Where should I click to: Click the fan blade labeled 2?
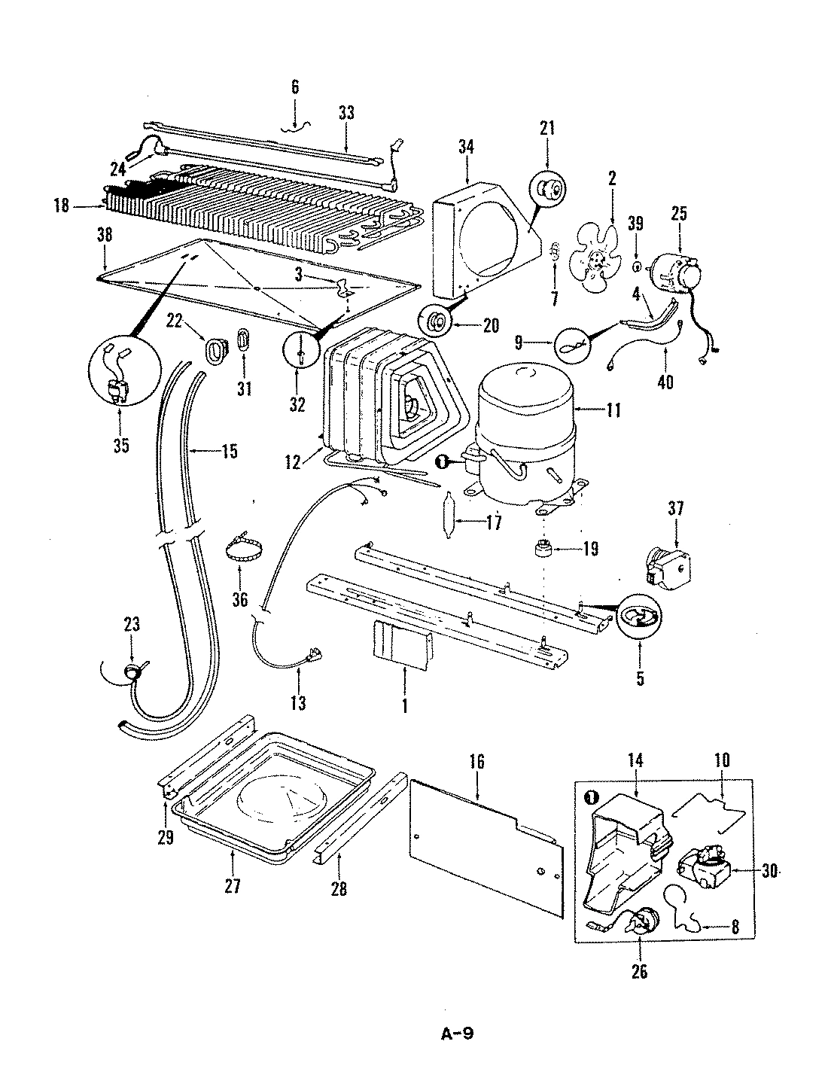point(597,263)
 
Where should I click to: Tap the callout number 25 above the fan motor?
point(679,214)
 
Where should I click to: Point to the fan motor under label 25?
point(674,272)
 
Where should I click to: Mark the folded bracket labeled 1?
point(401,644)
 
